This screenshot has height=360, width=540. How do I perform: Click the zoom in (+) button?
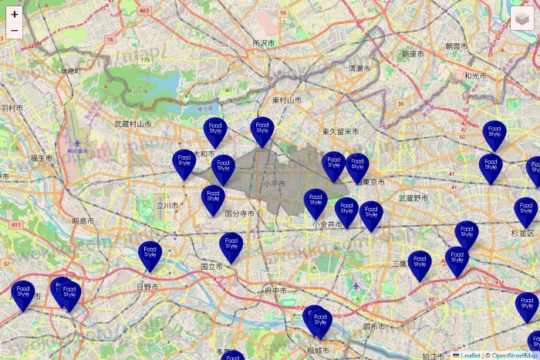pos(15,14)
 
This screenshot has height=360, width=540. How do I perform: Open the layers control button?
pos(522,18)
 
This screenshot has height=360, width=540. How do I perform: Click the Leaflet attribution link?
pos(470,355)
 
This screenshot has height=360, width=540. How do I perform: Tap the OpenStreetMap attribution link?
pos(515,355)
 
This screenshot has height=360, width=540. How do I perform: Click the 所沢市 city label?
pos(263,44)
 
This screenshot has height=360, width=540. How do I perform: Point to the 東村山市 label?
pos(286,101)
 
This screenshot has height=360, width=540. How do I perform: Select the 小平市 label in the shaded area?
pos(273,184)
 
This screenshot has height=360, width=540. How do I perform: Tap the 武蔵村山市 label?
pos(133,123)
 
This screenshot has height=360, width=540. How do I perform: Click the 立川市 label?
pos(167,206)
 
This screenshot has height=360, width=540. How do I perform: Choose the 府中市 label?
pos(275,291)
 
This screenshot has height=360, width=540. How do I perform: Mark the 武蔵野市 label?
pos(412,198)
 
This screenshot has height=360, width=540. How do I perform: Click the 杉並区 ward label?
pos(521,232)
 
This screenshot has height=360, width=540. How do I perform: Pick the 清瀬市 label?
pos(359,69)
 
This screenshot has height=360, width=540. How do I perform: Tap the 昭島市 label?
pos(83,220)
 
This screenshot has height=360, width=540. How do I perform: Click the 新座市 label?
pos(413,55)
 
